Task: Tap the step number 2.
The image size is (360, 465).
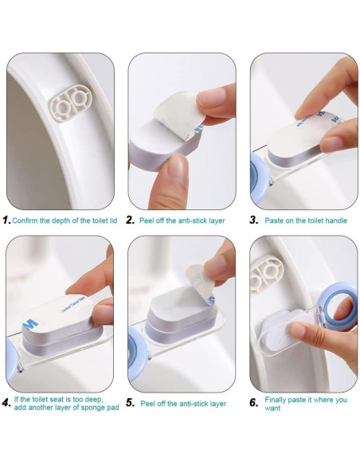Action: point(130,220)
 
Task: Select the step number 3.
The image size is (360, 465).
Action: point(254,220)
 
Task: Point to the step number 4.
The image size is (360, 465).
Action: point(6,403)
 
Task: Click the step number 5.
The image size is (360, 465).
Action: point(130,403)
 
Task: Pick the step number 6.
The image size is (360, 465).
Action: point(254,403)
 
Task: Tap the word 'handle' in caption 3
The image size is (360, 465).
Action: point(336,221)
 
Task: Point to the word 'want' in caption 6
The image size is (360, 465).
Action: point(272,408)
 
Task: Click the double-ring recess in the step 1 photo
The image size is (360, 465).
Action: point(71,103)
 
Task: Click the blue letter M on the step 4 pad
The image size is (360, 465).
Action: point(30,325)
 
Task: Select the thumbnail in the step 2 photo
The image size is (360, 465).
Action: point(211,98)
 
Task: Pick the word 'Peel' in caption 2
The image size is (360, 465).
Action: point(146,221)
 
